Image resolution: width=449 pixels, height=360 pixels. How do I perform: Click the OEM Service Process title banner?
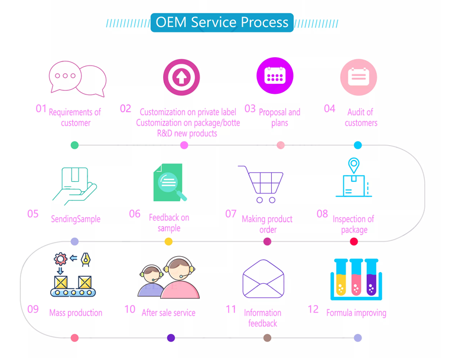[x=222, y=23]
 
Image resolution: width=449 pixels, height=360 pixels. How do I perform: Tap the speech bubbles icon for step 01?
[x=77, y=78]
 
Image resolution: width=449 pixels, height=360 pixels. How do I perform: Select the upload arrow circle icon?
[x=181, y=77]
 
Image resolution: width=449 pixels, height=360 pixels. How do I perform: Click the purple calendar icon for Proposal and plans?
[x=275, y=76]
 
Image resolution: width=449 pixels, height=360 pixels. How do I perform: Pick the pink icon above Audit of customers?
[x=358, y=77]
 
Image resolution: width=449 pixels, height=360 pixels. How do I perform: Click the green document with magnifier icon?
[x=170, y=182]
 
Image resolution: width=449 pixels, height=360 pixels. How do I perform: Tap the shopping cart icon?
[x=261, y=184]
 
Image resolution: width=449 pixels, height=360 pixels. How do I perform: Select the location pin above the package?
[x=353, y=166]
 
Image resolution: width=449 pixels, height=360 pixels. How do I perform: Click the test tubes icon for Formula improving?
[x=356, y=278]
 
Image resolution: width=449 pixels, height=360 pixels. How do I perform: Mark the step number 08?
[x=322, y=214]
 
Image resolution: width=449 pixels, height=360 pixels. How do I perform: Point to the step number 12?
[x=313, y=309]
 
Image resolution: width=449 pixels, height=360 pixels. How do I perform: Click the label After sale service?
[x=168, y=313]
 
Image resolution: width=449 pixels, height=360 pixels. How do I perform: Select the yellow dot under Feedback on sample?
[x=168, y=241]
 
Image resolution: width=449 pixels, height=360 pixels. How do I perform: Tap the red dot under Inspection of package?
[x=354, y=241]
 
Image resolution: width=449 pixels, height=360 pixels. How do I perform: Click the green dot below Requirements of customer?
[x=74, y=145]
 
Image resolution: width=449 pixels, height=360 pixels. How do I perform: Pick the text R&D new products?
[x=187, y=133]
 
